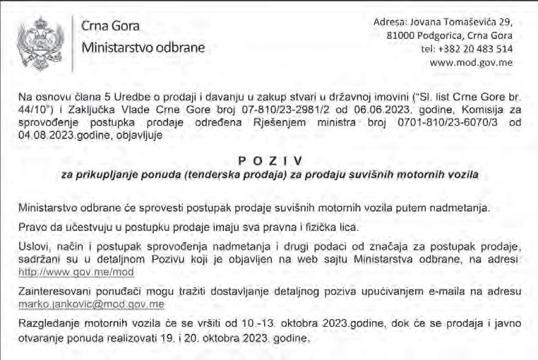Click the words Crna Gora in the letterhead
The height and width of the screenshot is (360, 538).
(x=110, y=27)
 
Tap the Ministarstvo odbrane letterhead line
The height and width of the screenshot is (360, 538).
(x=143, y=49)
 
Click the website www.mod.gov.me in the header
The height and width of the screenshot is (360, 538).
(x=471, y=62)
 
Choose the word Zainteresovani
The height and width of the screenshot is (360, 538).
(x=53, y=291)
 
